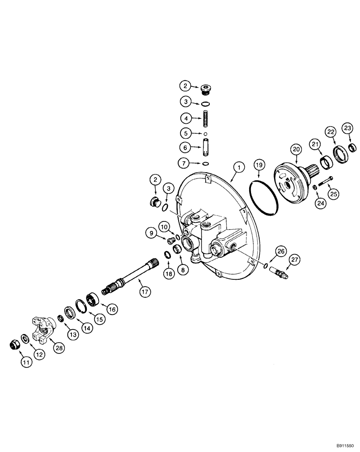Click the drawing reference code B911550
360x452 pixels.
pyautogui.click(x=340, y=445)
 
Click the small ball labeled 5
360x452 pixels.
pyautogui.click(x=205, y=134)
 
